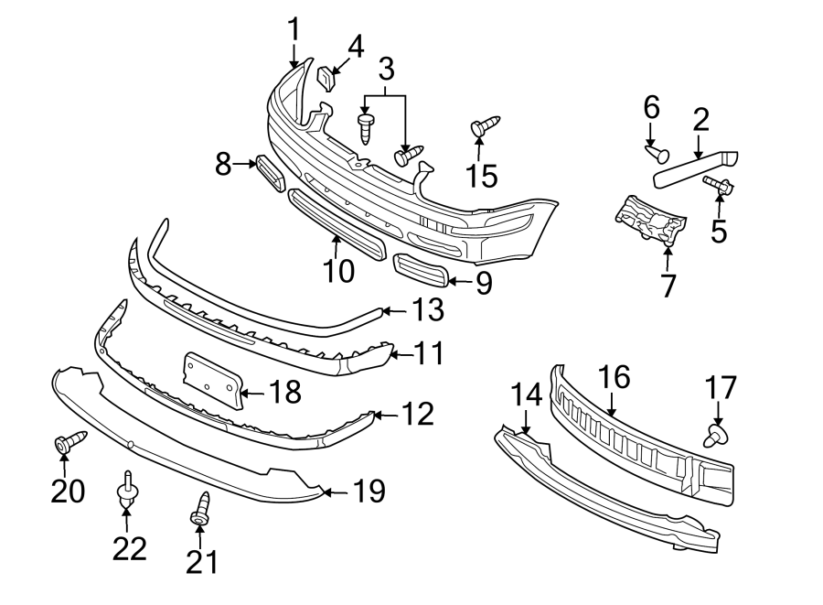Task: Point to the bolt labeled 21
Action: click(200, 511)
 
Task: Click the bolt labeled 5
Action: click(716, 186)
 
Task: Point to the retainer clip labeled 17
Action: click(717, 434)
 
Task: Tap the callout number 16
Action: click(615, 377)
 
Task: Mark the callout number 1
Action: click(294, 29)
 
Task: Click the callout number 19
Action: click(369, 492)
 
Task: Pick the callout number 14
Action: click(527, 394)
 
